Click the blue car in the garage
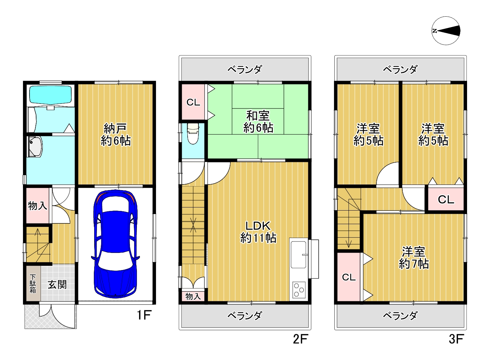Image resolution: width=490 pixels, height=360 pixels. click(115, 244)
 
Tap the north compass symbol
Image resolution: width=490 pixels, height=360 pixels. click(446, 31)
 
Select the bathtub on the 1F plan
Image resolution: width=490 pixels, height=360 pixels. click(50, 95)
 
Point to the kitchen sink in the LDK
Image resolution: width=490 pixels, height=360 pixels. click(299, 255)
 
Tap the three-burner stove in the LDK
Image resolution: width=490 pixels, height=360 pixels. click(299, 290)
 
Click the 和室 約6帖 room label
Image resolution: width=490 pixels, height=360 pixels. click(258, 122)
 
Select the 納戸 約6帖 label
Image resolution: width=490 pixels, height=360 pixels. click(115, 134)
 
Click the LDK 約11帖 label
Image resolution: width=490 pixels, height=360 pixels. click(258, 232)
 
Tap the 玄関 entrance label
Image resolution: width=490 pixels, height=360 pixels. click(57, 285)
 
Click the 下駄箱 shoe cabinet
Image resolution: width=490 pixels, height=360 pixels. click(33, 284)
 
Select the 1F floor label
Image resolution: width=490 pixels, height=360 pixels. click(144, 315)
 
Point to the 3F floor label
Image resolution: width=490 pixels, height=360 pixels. click(456, 339)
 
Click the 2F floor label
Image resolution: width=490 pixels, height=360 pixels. click(301, 339)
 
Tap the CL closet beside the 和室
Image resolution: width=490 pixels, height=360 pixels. click(193, 102)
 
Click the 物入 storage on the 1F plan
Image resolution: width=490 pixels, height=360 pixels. click(38, 206)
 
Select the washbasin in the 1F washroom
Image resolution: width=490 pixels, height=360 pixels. click(35, 147)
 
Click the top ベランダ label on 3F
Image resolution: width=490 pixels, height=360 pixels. click(400, 69)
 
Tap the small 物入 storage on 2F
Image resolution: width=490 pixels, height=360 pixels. click(193, 296)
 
